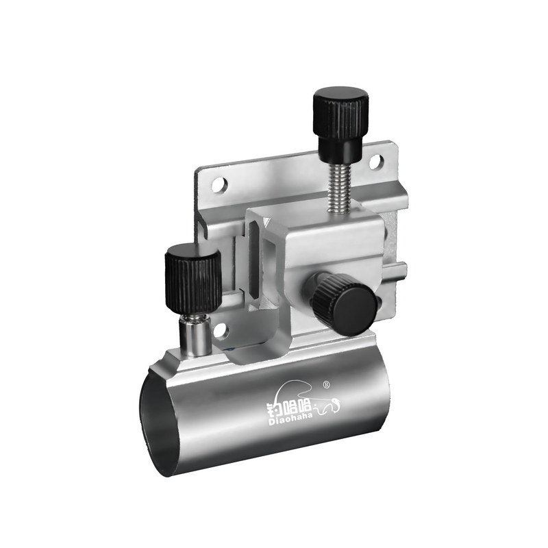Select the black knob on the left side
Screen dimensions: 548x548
pos(193,279)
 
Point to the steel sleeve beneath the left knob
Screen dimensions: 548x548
pos(195,335)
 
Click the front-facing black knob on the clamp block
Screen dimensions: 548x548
pos(344,303)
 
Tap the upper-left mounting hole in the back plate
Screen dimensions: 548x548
pos(219,185)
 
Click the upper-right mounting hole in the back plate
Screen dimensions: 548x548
pos(376,161)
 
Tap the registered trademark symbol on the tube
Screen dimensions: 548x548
pos(327,384)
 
